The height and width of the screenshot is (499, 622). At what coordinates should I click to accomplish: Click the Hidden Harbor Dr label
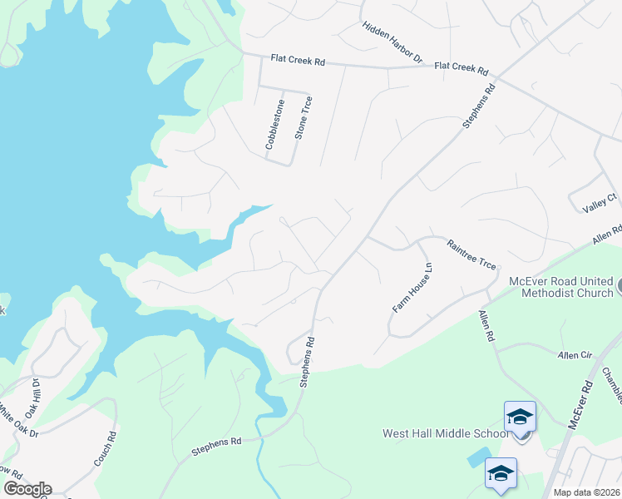(393, 42)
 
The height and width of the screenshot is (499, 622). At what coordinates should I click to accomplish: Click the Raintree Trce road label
(471, 254)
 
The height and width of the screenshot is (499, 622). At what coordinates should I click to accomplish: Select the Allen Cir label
(575, 354)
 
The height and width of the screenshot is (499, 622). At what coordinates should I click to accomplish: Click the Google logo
(27, 489)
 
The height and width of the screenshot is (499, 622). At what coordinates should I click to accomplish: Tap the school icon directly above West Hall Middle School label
(520, 415)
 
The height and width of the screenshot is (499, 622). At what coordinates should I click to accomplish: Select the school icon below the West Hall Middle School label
(500, 472)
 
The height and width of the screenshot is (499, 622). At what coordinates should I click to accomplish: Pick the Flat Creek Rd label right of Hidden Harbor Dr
(461, 67)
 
